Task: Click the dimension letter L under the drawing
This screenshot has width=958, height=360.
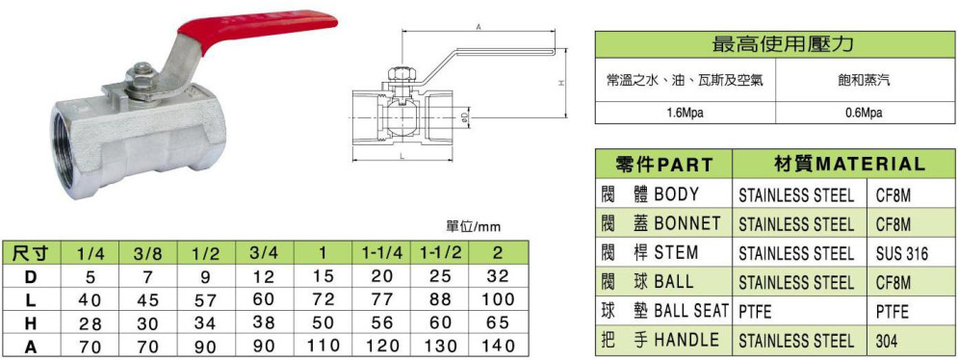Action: click(402, 157)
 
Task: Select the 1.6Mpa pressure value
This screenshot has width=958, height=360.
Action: click(685, 113)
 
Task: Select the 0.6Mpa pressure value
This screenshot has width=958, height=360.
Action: click(866, 113)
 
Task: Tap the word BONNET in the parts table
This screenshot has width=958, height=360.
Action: click(686, 223)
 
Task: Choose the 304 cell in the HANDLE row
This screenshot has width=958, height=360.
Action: click(886, 342)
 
